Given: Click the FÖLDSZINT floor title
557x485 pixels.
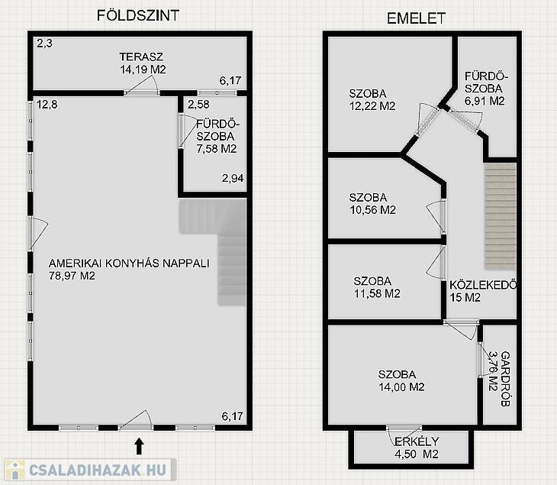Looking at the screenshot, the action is (138, 15).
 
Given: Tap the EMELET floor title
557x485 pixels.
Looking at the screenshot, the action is (416, 18).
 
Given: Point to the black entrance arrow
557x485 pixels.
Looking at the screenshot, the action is (139, 446).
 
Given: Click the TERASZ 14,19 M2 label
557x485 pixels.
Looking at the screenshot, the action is (143, 63).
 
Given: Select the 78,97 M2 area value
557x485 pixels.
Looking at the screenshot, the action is (72, 276).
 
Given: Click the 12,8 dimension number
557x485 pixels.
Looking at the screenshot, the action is (47, 105).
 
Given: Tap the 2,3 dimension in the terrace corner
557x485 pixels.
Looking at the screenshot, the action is (44, 44).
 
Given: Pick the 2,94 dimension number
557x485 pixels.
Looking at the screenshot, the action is (233, 178).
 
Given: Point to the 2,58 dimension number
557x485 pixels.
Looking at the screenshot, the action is (198, 105).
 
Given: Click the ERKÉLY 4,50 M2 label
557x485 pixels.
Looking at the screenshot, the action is (417, 448).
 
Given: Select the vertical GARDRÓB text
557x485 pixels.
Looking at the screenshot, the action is (505, 379).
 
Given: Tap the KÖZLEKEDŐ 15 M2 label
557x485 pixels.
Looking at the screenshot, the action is (483, 291).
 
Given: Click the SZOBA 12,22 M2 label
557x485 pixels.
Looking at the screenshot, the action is (372, 100).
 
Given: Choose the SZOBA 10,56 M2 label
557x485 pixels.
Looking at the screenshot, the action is (372, 204).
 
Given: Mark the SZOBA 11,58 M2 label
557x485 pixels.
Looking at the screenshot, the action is (377, 287).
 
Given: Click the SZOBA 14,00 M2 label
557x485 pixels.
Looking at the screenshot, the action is (401, 380).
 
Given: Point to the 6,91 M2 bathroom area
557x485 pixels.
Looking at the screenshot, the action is (485, 101).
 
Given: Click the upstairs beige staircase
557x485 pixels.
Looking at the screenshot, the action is (501, 216).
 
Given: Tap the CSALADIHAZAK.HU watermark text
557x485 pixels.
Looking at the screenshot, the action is (98, 470).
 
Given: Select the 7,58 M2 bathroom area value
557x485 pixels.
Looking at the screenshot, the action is (217, 149).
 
